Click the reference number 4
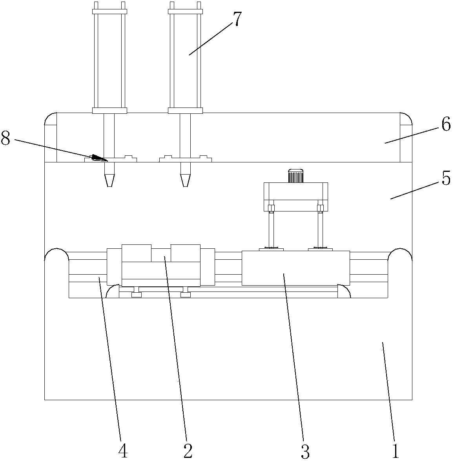click(123, 451)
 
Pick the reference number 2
click(188, 451)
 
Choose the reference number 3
click(305, 451)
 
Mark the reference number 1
click(396, 451)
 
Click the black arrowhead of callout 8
click(99, 158)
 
